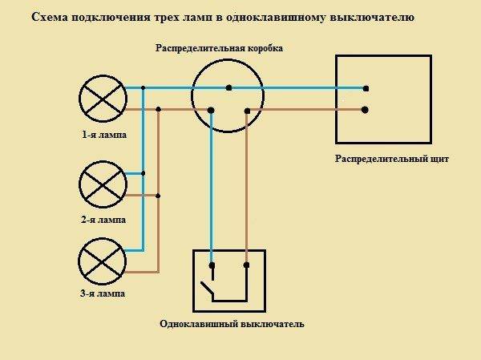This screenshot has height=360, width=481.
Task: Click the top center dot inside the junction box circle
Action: pyautogui.click(x=228, y=88)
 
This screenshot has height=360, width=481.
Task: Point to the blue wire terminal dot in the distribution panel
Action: pyautogui.click(x=366, y=89)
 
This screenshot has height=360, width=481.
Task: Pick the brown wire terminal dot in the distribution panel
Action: pyautogui.click(x=365, y=110)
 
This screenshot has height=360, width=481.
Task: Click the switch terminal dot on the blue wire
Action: pyautogui.click(x=212, y=265)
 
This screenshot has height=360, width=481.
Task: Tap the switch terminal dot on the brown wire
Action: pyautogui.click(x=246, y=265)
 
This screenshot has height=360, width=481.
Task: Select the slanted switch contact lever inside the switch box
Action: pyautogui.click(x=206, y=289)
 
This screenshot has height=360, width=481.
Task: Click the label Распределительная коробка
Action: pyautogui.click(x=219, y=48)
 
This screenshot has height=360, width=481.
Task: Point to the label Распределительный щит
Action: pyautogui.click(x=392, y=159)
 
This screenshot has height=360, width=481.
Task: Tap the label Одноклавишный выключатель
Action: pyautogui.click(x=232, y=324)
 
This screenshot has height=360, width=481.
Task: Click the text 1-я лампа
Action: pyautogui.click(x=104, y=135)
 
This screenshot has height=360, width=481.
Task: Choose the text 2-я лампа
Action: pyautogui.click(x=103, y=220)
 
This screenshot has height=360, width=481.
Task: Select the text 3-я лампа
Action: pyautogui.click(x=103, y=293)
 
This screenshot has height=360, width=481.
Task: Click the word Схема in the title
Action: pyautogui.click(x=49, y=17)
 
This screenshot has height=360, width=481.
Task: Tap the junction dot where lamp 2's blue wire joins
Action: pyautogui.click(x=143, y=173)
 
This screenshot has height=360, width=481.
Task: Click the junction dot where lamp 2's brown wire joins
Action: pyautogui.click(x=158, y=196)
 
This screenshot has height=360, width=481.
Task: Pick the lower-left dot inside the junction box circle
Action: pyautogui.click(x=211, y=110)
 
